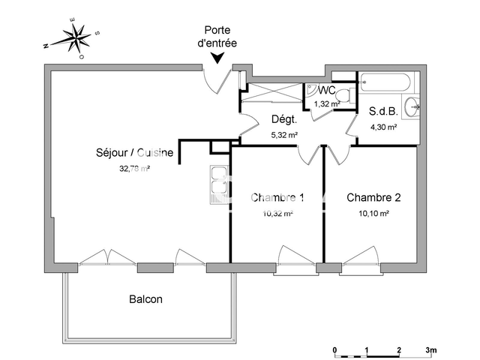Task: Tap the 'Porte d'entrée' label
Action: (x=216, y=37)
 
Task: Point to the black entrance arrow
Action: (x=217, y=58)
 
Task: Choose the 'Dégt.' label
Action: (x=284, y=119)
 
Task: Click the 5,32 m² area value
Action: (x=284, y=135)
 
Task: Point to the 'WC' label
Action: (x=326, y=90)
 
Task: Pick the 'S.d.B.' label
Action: (x=382, y=111)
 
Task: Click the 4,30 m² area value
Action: (x=382, y=127)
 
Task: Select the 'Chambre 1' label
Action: (x=277, y=198)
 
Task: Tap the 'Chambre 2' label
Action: (x=373, y=198)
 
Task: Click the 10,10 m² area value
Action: (x=373, y=214)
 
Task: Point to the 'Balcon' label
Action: (x=145, y=298)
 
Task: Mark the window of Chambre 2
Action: (x=358, y=259)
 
